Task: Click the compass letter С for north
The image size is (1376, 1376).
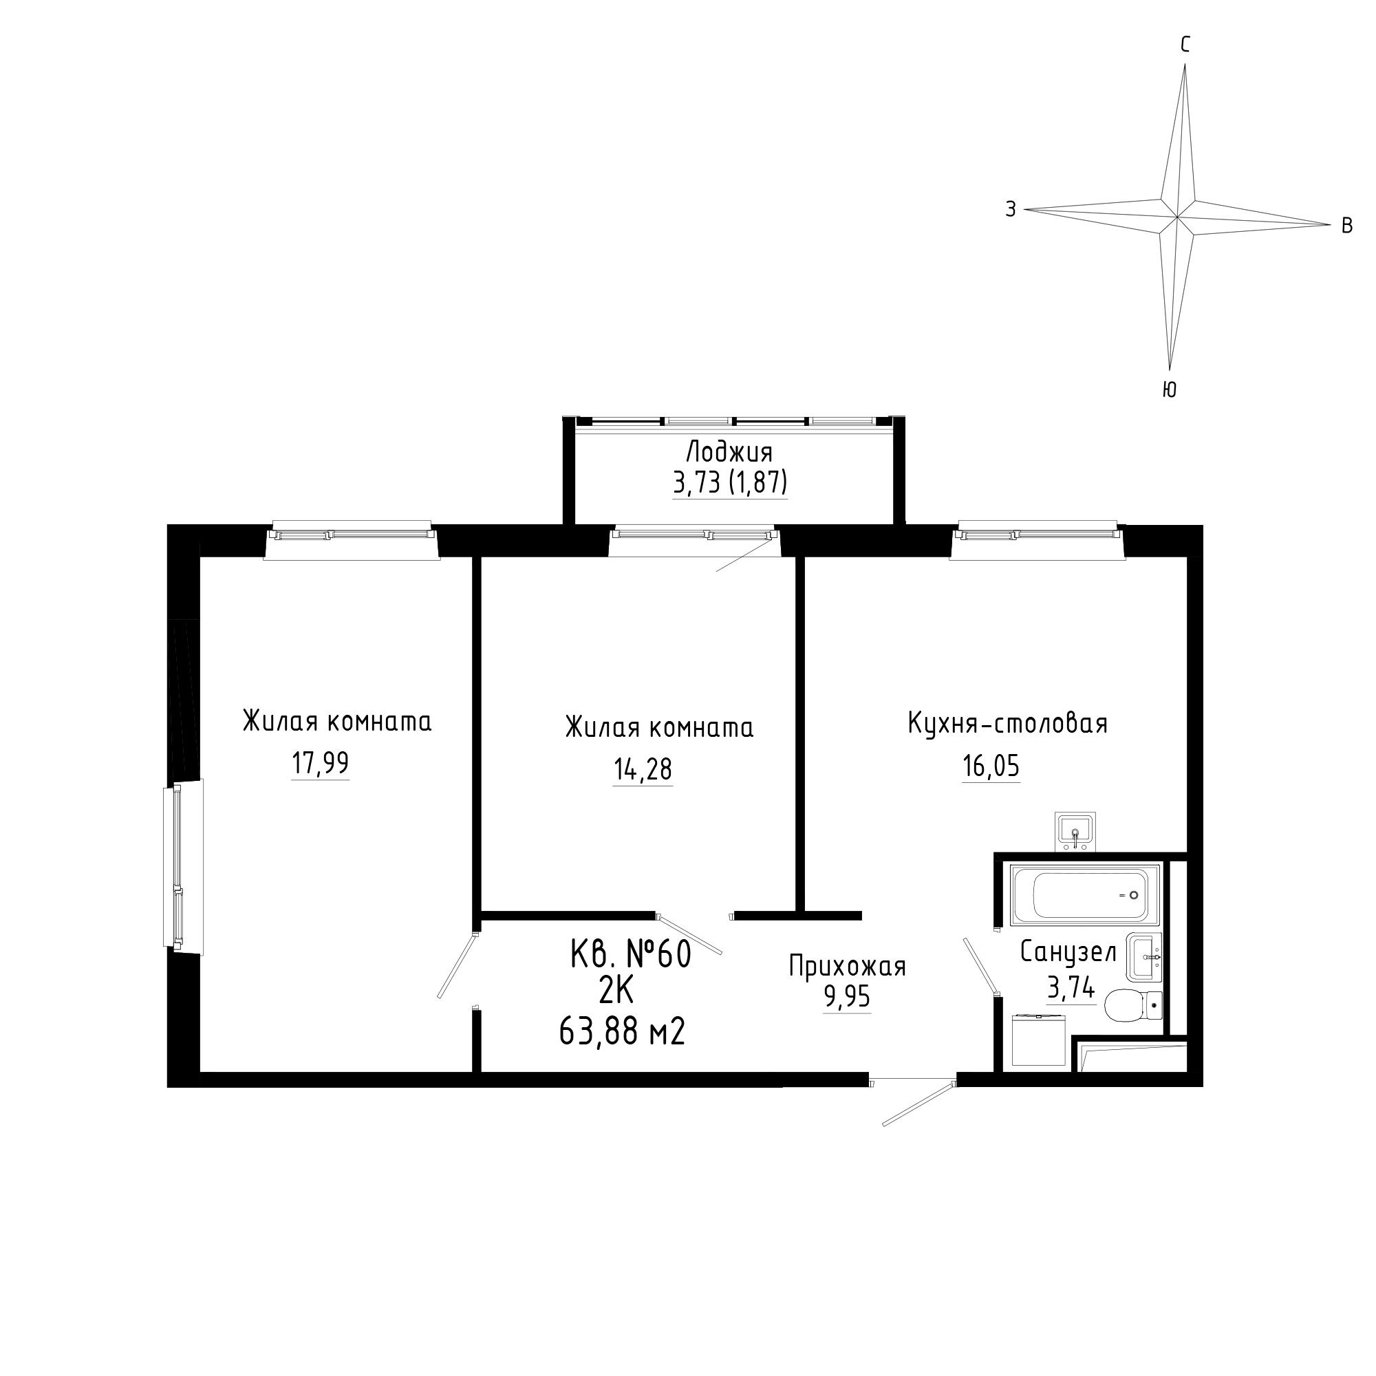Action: tap(1185, 45)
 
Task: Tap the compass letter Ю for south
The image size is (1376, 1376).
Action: tap(1169, 389)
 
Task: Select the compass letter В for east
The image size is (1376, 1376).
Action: tap(1347, 226)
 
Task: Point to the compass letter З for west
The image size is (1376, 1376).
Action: tap(1011, 209)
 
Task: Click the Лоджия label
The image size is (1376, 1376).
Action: tap(729, 452)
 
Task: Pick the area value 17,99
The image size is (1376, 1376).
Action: tap(321, 764)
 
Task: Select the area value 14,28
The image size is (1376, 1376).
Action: tap(643, 769)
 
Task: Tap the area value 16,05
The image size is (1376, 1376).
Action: tap(991, 766)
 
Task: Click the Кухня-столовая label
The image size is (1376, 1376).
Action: tap(1008, 724)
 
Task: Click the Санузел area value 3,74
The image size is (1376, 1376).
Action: tap(1071, 988)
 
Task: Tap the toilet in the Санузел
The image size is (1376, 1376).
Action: tap(1132, 1006)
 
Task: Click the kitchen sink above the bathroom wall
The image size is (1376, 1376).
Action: tap(1075, 831)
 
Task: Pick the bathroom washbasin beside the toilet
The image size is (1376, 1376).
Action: tap(1145, 958)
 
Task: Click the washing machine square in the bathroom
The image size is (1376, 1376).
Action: tap(1038, 1040)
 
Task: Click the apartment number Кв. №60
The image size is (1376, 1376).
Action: tap(631, 955)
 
